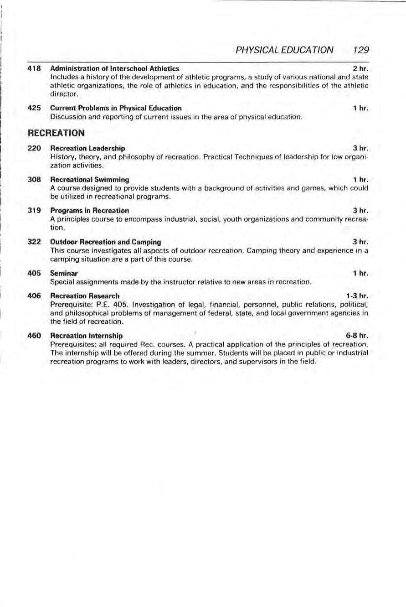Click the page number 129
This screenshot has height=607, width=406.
point(360,49)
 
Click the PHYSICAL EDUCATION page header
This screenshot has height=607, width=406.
point(282,49)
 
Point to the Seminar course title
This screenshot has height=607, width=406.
point(63,273)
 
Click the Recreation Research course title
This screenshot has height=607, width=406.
point(85,296)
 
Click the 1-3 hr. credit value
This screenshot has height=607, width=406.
point(357,296)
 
